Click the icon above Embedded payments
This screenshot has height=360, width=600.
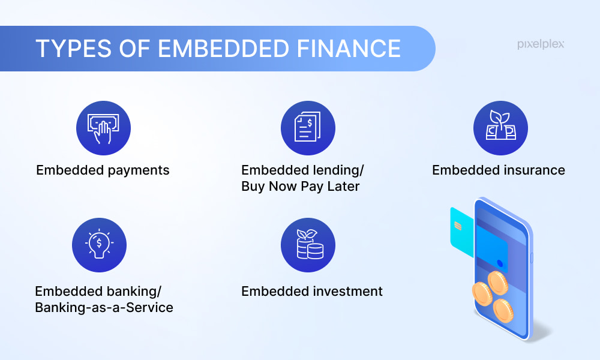pos(103,128)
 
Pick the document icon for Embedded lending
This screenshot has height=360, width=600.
pos(308,128)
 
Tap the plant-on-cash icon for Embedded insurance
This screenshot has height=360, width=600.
pos(500,128)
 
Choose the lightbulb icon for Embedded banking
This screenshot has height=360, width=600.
pos(99,245)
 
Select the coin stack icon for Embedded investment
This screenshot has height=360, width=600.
pos(308,245)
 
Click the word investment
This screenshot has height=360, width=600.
pos(348,292)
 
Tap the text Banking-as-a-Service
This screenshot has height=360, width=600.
pos(104,308)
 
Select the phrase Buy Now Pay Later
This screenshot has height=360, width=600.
pos(300,187)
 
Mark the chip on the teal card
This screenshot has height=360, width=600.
pos(458,226)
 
